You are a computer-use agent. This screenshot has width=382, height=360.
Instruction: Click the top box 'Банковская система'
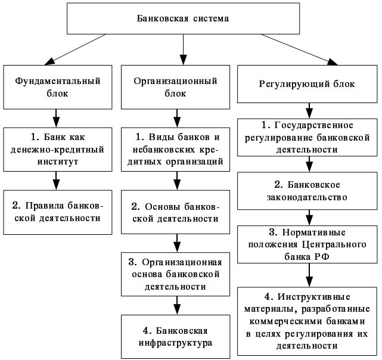point(183,18)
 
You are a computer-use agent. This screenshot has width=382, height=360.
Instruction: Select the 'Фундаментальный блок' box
point(58,87)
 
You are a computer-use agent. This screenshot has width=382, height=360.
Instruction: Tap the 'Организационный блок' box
point(175,87)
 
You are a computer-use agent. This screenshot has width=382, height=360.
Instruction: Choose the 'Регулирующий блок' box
point(307,84)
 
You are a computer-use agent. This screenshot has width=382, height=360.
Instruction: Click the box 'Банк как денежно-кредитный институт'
point(58,150)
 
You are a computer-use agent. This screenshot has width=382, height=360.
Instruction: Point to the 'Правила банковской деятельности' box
point(58,212)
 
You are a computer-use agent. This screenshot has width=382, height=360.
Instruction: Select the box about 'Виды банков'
point(175,150)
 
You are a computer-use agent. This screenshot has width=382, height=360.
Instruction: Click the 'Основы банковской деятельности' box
point(175,212)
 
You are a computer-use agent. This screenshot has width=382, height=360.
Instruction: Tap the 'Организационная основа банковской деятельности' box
point(175,274)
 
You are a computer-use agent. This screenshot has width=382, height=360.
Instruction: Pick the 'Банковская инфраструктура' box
point(175,337)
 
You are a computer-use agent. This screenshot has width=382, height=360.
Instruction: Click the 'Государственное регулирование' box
point(307,138)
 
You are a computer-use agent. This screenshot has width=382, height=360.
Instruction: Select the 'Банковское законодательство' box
point(307,191)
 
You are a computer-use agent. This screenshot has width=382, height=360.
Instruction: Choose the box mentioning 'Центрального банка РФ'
point(307,244)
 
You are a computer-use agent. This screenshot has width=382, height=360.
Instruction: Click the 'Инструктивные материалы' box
point(307,321)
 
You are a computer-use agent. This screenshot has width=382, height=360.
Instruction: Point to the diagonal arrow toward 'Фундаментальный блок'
point(75,49)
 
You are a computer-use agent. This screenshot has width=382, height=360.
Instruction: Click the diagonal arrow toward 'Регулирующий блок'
point(299,49)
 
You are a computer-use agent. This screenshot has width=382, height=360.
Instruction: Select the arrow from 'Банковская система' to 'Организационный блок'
point(183,49)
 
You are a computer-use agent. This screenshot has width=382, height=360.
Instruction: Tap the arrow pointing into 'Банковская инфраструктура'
point(177,306)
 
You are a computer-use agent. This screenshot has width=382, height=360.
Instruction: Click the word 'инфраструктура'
point(175,343)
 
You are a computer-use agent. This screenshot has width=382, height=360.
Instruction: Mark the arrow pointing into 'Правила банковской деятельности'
point(56,181)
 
